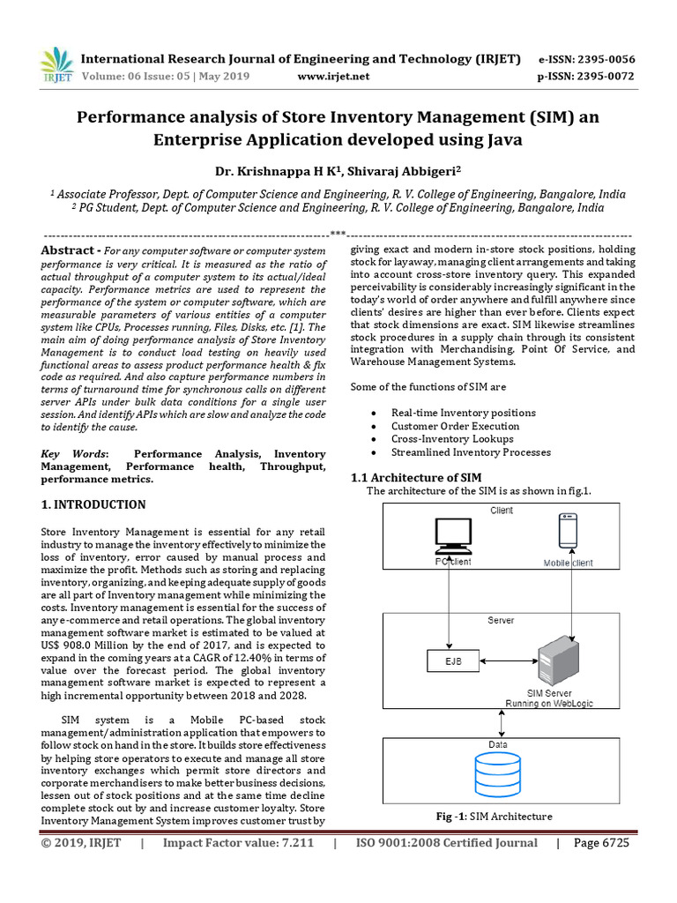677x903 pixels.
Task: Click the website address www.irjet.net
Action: tap(334, 77)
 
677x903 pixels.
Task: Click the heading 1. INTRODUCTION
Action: tap(93, 505)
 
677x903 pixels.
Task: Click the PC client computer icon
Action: tap(452, 539)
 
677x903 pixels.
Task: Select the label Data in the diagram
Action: tap(498, 744)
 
